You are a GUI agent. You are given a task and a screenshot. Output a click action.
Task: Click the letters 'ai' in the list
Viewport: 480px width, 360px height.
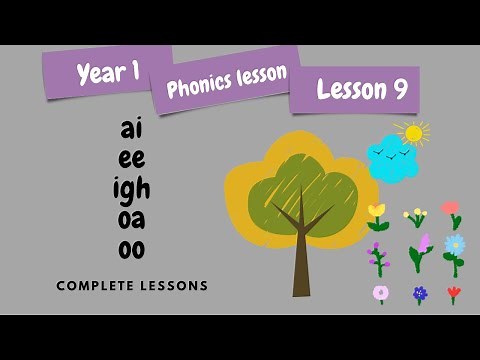pos(132,130)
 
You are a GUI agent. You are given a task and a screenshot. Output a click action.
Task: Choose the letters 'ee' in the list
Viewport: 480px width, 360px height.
pos(132,159)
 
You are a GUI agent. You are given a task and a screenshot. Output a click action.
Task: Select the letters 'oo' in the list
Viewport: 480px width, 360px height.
pos(132,250)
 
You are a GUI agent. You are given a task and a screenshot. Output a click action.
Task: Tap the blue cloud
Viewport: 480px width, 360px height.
pos(391,160)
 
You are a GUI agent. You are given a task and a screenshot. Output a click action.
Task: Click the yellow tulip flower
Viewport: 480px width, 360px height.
pos(377,212)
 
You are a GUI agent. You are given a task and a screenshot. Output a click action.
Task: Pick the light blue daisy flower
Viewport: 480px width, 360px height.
pos(455,244)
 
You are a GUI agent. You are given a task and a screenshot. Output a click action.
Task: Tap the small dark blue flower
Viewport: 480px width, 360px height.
pos(420,294)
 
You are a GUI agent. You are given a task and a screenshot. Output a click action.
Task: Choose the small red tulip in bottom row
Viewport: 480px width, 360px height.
pos(454,293)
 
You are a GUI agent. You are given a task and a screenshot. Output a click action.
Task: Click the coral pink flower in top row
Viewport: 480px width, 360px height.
pos(451,209)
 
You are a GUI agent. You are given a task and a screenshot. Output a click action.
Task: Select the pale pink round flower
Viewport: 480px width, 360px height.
pos(381,293)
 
